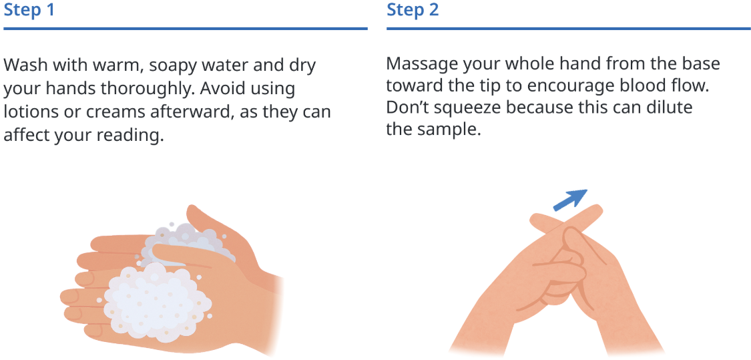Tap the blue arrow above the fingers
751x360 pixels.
click(571, 200)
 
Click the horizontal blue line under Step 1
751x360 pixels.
click(186, 29)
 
